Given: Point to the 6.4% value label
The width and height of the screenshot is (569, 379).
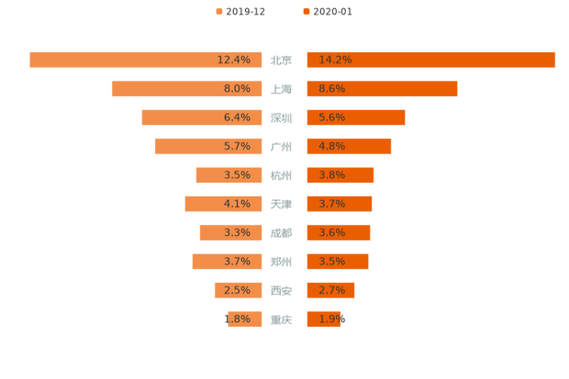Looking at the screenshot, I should (236, 117).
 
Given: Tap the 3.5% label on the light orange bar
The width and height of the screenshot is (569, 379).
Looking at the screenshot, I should (236, 175).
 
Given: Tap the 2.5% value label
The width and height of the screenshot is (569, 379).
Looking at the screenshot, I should (236, 290).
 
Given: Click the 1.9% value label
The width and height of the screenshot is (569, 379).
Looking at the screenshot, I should (331, 319).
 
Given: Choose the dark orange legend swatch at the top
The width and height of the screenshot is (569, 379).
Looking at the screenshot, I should (305, 12).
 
